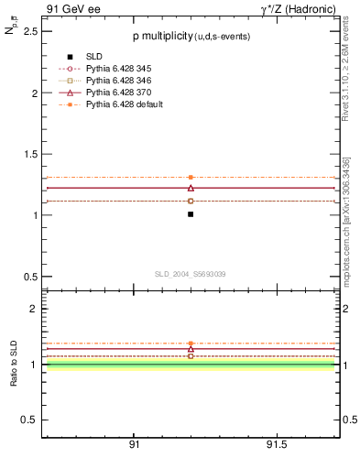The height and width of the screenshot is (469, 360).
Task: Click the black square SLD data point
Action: (x=191, y=214)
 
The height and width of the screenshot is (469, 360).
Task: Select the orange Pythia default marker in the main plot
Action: (x=191, y=177)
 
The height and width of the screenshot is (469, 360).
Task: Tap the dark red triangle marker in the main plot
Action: (x=191, y=187)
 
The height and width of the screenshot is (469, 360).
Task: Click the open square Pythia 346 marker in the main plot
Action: (x=191, y=201)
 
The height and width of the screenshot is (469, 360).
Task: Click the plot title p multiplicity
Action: (x=190, y=36)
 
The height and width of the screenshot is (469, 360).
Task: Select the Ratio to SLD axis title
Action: (x=15, y=365)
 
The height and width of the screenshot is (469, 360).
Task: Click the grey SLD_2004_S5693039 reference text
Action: (x=190, y=274)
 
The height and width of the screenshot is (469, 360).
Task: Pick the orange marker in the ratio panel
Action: (x=191, y=344)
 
